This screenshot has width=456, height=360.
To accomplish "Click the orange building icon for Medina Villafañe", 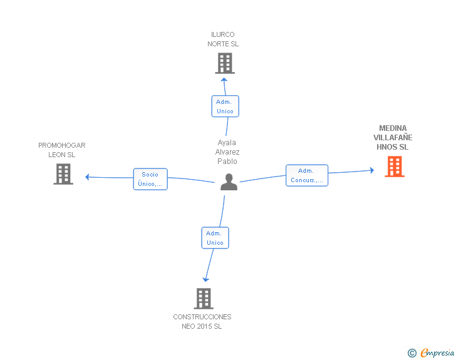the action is tap(395, 167).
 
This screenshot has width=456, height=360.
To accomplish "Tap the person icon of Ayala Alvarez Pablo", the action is tap(229, 182).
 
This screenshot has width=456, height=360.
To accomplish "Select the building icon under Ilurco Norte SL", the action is tap(225, 63).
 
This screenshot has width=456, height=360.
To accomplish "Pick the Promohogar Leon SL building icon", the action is tap(63, 174).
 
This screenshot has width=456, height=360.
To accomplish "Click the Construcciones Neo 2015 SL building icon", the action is tap(204, 299).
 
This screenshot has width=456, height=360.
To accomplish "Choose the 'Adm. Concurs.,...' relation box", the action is tap(307, 175).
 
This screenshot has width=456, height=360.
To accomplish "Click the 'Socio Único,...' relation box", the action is tap(150, 179).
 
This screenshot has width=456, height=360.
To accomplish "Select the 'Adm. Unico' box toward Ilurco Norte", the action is tap(225, 106).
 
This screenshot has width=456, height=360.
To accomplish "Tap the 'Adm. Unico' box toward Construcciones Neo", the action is tap(215, 238).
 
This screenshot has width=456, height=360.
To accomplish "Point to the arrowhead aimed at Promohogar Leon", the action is tap(87, 177).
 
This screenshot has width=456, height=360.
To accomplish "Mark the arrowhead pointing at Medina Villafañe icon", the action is tap(372, 170).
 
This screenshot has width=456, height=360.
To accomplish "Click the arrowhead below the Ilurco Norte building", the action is tap(224, 80).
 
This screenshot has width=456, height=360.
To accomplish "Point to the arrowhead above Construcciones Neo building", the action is tap(205, 280).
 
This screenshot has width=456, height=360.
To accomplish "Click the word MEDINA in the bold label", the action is tap(393, 128).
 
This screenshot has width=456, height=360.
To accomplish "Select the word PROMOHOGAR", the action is tap(62, 145).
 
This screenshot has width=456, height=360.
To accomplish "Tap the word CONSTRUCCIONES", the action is tap(202, 317).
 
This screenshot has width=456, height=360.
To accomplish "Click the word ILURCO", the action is tap(223, 34).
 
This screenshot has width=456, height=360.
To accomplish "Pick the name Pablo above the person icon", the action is tap(227, 161).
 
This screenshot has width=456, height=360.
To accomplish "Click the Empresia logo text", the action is tap(437, 352).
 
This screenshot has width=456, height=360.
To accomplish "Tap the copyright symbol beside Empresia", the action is tap(412, 353).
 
